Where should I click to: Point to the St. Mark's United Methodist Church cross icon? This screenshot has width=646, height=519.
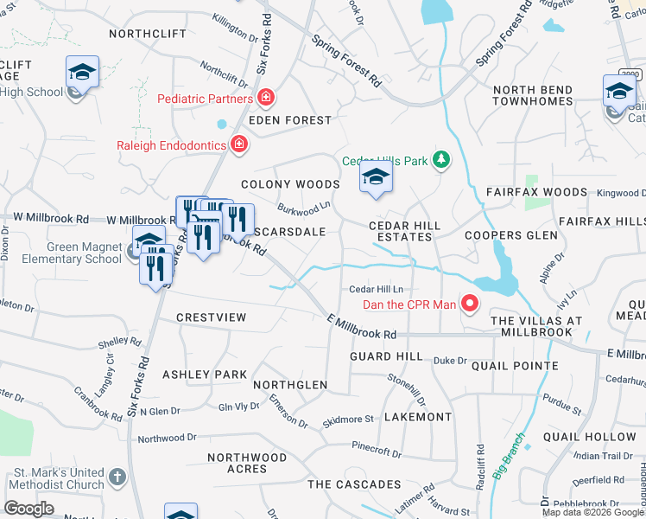tap(117, 477)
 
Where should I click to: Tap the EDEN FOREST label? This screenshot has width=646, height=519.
tap(290, 120)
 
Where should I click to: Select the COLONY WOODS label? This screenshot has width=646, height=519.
tap(290, 184)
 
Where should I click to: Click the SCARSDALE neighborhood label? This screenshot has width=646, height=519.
tap(290, 232)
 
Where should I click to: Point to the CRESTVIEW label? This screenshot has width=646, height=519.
tap(211, 317)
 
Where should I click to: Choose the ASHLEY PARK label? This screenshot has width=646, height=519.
tap(205, 375)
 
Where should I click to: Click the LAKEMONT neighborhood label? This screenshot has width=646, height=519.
tap(417, 417)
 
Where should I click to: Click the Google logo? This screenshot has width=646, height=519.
tap(29, 509)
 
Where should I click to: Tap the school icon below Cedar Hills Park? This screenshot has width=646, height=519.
tap(375, 178)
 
